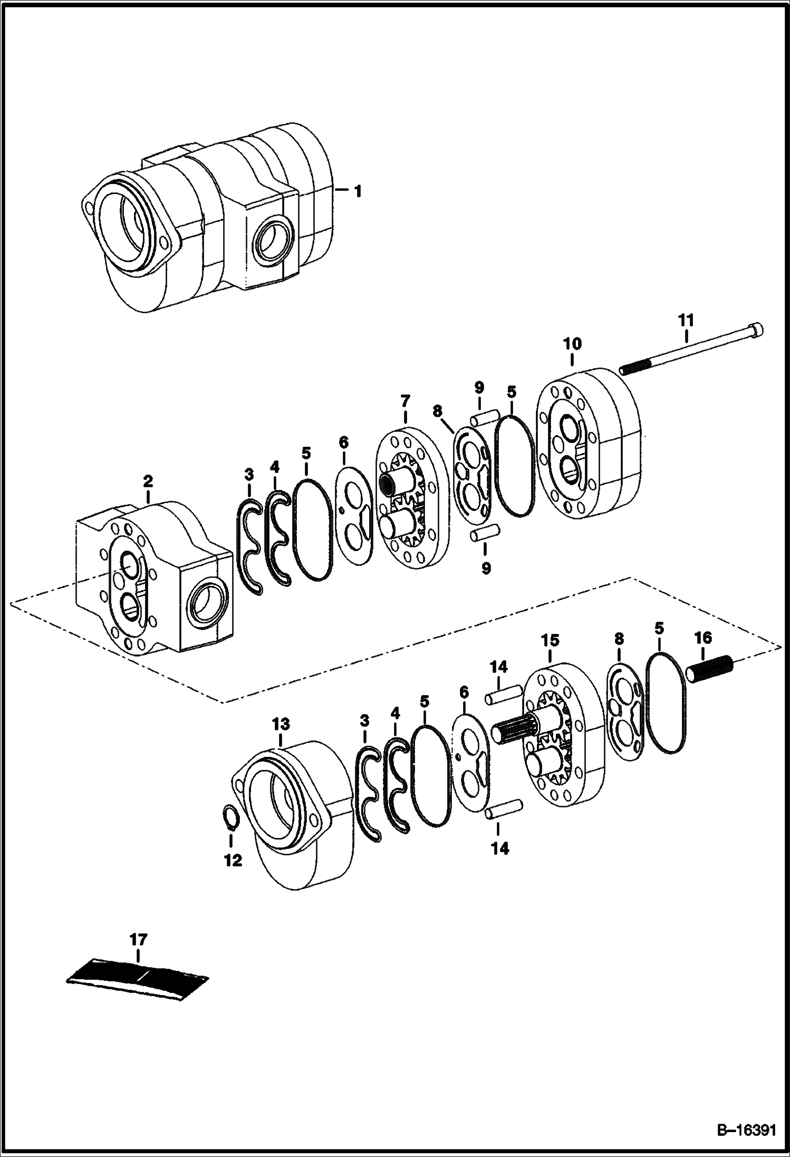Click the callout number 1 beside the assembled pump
pyautogui.click(x=358, y=191)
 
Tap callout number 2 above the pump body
pyautogui.click(x=148, y=481)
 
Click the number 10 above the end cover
pyautogui.click(x=572, y=344)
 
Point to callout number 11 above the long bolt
pyautogui.click(x=686, y=320)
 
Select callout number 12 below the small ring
pyautogui.click(x=233, y=861)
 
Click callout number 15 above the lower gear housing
pyautogui.click(x=550, y=641)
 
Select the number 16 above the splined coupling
pyautogui.click(x=704, y=639)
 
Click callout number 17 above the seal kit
pyautogui.click(x=138, y=940)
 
